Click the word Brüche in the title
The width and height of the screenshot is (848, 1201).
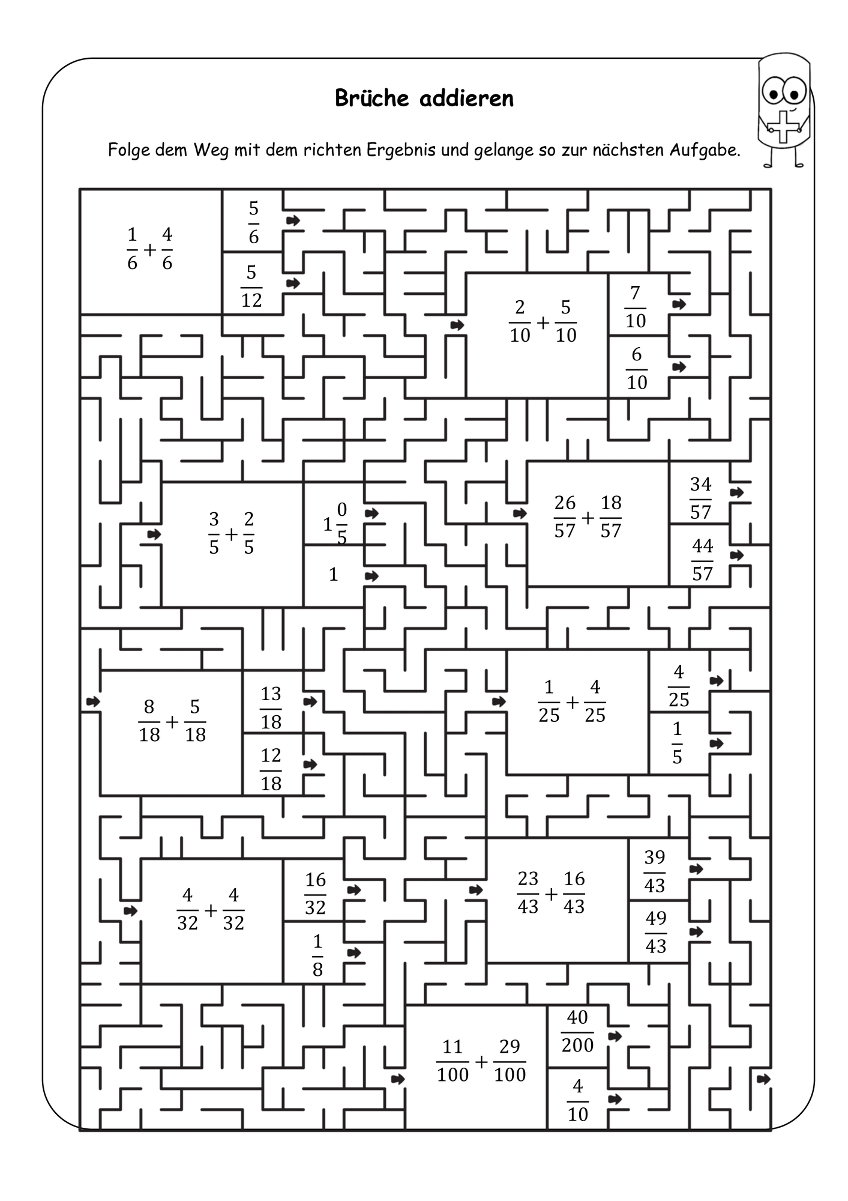pos(372,98)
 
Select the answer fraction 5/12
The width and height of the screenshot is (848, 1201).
pos(251,286)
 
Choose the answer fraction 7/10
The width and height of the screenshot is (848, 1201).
pos(636,307)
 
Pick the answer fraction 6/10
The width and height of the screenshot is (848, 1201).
pos(637,368)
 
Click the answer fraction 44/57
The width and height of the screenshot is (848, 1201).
pos(702,560)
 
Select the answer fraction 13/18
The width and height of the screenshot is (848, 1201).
pos(271,707)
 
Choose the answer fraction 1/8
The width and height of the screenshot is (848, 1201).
pos(317,955)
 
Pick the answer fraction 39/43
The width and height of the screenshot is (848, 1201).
pos(655,871)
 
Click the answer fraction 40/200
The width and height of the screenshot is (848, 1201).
pos(577,1031)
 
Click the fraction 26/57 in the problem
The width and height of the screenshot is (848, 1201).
pos(565,516)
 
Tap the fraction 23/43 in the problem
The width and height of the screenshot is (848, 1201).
pos(528,892)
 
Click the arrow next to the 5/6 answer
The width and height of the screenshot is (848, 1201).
pos(293,220)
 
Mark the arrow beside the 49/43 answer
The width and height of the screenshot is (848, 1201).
pos(696,932)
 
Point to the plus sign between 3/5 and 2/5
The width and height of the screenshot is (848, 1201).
pos(231,533)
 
